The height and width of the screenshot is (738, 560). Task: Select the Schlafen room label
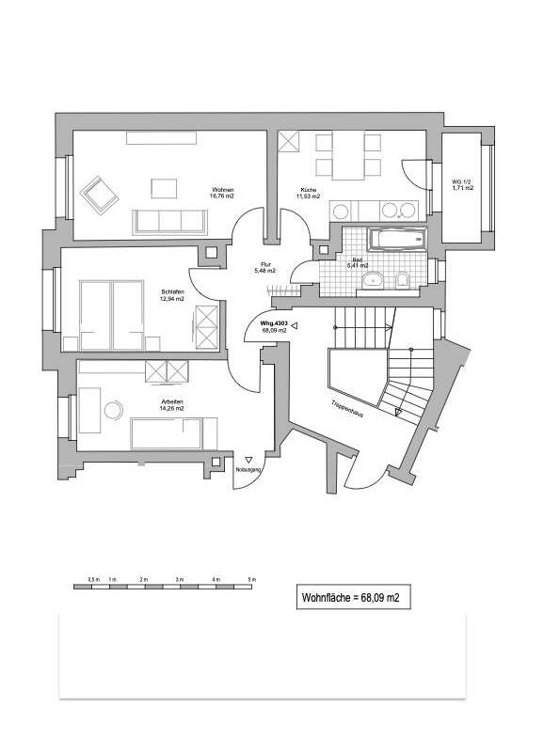click(x=171, y=293)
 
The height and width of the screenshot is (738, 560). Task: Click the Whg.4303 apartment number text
click(x=274, y=322)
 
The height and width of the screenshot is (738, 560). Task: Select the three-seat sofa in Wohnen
click(x=170, y=221)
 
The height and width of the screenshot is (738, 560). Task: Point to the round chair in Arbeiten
click(x=114, y=411)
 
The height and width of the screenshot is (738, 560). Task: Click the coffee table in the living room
click(x=164, y=188)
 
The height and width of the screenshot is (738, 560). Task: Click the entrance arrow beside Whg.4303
click(x=296, y=326)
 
